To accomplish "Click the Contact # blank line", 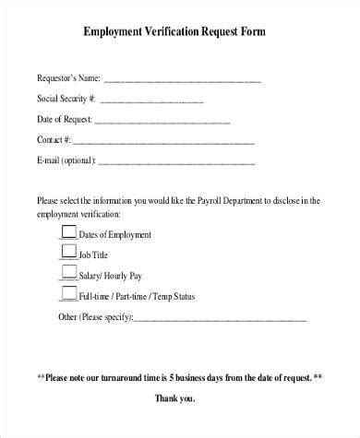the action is pyautogui.click(x=163, y=142).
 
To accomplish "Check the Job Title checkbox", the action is pyautogui.click(x=67, y=252).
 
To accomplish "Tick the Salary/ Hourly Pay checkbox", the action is pyautogui.click(x=67, y=273).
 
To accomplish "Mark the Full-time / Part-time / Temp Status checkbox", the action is pyautogui.click(x=67, y=293).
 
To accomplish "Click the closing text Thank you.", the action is pyautogui.click(x=179, y=398).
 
